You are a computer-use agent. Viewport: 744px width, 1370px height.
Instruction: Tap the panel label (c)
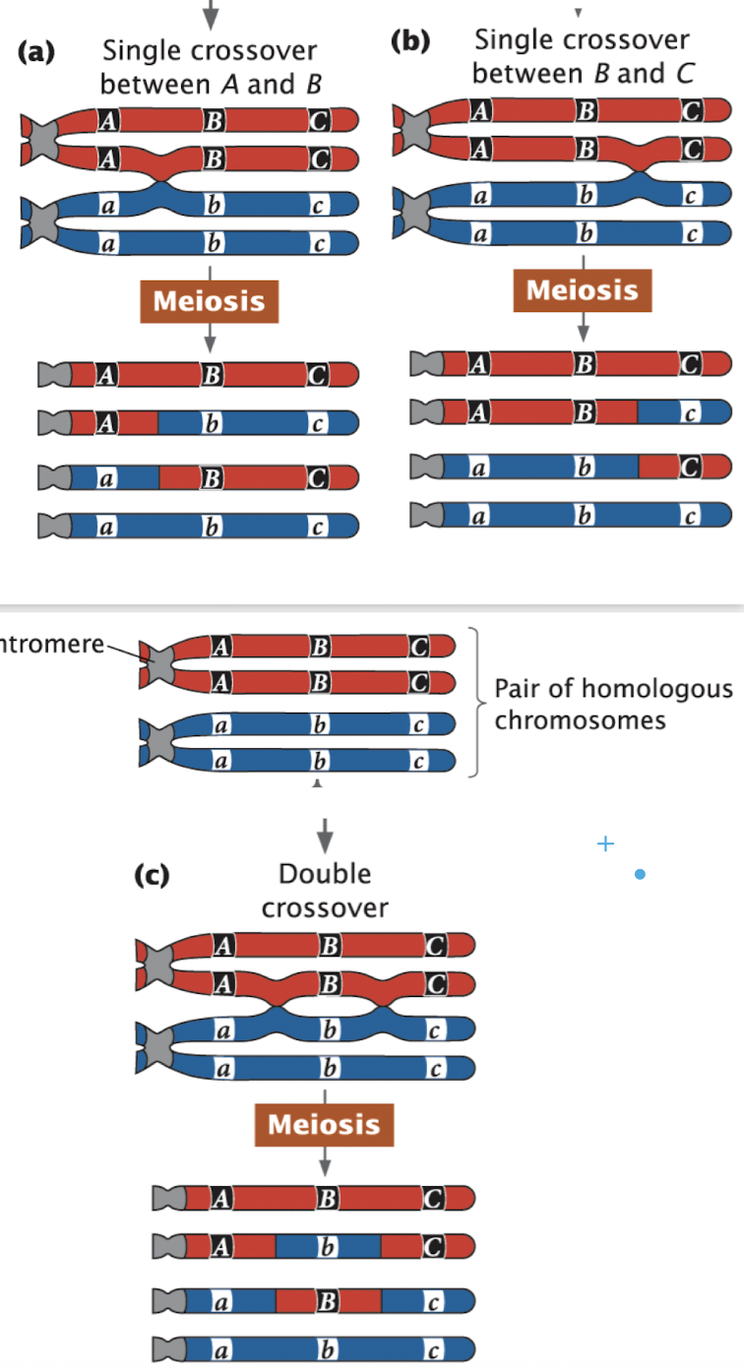pyautogui.click(x=153, y=875)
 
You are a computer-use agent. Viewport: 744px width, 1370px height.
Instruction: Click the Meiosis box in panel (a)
pyautogui.click(x=209, y=300)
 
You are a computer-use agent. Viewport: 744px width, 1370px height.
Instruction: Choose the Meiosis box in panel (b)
pyautogui.click(x=582, y=290)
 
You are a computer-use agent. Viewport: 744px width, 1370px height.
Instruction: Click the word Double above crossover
pyautogui.click(x=324, y=874)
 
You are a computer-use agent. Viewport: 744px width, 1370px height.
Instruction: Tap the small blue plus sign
pyautogui.click(x=605, y=843)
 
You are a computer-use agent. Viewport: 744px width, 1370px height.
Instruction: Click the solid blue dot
pyautogui.click(x=640, y=874)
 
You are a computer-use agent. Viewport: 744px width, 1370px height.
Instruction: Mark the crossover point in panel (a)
pyautogui.click(x=162, y=182)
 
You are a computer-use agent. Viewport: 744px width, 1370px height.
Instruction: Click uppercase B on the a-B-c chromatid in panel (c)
pyautogui.click(x=328, y=1300)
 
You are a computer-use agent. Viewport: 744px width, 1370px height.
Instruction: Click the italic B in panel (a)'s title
pyautogui.click(x=313, y=85)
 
